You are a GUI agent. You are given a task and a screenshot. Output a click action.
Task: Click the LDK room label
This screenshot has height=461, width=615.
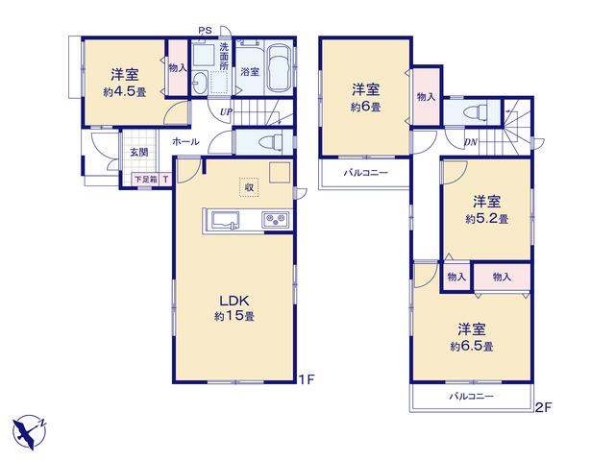pyautogui.click(x=234, y=301)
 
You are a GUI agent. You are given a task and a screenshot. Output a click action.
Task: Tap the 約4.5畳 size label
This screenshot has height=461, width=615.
pyautogui.click(x=125, y=92)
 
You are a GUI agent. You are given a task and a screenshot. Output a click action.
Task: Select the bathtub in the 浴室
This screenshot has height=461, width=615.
pyautogui.click(x=280, y=68)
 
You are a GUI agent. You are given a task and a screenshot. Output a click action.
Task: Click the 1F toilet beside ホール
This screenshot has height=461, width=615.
pyautogui.click(x=271, y=143)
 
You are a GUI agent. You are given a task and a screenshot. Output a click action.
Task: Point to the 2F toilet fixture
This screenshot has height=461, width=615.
pyautogui.click(x=475, y=111)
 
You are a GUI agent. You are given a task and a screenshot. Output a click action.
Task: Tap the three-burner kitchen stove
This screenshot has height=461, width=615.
pyautogui.click(x=276, y=219)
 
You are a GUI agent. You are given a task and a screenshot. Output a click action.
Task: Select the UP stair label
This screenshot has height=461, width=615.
pyautogui.click(x=226, y=112)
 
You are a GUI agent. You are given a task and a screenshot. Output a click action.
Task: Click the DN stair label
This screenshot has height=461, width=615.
pyautogui.click(x=470, y=142)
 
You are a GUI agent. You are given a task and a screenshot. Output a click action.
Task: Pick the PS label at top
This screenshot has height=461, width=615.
pyautogui.click(x=205, y=30)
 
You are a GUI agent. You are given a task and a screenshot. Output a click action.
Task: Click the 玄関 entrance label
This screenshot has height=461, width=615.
pyautogui.click(x=138, y=153)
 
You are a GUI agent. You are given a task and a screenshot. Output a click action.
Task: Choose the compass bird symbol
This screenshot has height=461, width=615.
pyautogui.click(x=28, y=431)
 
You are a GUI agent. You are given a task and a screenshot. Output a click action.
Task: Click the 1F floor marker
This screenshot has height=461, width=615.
pyautogui.click(x=307, y=379)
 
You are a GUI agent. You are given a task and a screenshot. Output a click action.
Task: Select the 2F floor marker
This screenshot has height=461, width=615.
pyautogui.click(x=544, y=407)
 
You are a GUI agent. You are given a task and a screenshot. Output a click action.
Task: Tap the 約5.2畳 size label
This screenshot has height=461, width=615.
pyautogui.click(x=487, y=219)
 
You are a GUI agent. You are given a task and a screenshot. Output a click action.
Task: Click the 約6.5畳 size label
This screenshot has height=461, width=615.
pyautogui.click(x=472, y=347)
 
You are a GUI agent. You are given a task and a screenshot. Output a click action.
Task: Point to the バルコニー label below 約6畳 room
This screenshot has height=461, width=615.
pyautogui.click(x=366, y=172)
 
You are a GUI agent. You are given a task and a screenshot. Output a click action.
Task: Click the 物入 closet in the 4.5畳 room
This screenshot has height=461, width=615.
pyautogui.click(x=178, y=67)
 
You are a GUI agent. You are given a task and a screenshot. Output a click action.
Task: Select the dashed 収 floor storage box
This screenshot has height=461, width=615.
pyautogui.click(x=249, y=187)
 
